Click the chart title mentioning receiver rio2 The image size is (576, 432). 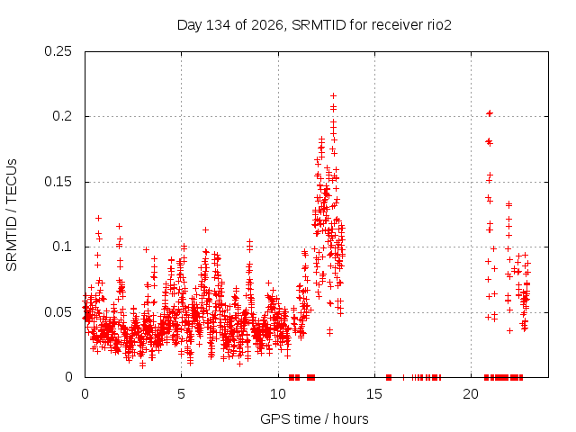coord(314,25)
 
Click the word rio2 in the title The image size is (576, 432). coord(439,25)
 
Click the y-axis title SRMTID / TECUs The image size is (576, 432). coord(12,215)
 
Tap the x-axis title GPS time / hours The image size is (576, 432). coord(314,418)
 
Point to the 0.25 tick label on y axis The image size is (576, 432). coord(58,51)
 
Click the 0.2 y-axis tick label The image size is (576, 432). coord(62,116)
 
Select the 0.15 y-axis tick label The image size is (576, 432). coord(58,182)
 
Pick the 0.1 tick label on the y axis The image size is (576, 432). coord(62,247)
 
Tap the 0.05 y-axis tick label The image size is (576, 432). coord(58,312)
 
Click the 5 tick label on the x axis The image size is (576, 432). coord(181,394)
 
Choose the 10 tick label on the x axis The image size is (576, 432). coord(278,394)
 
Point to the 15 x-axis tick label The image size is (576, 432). coord(374,394)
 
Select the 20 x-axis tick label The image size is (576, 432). coord(471,394)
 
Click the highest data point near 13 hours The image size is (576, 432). coord(334,96)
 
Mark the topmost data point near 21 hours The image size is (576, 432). coord(490,113)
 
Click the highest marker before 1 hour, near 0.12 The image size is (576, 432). coord(98,218)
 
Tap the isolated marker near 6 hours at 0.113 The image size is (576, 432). coord(206,230)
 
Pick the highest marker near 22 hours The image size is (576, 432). coord(508,204)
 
